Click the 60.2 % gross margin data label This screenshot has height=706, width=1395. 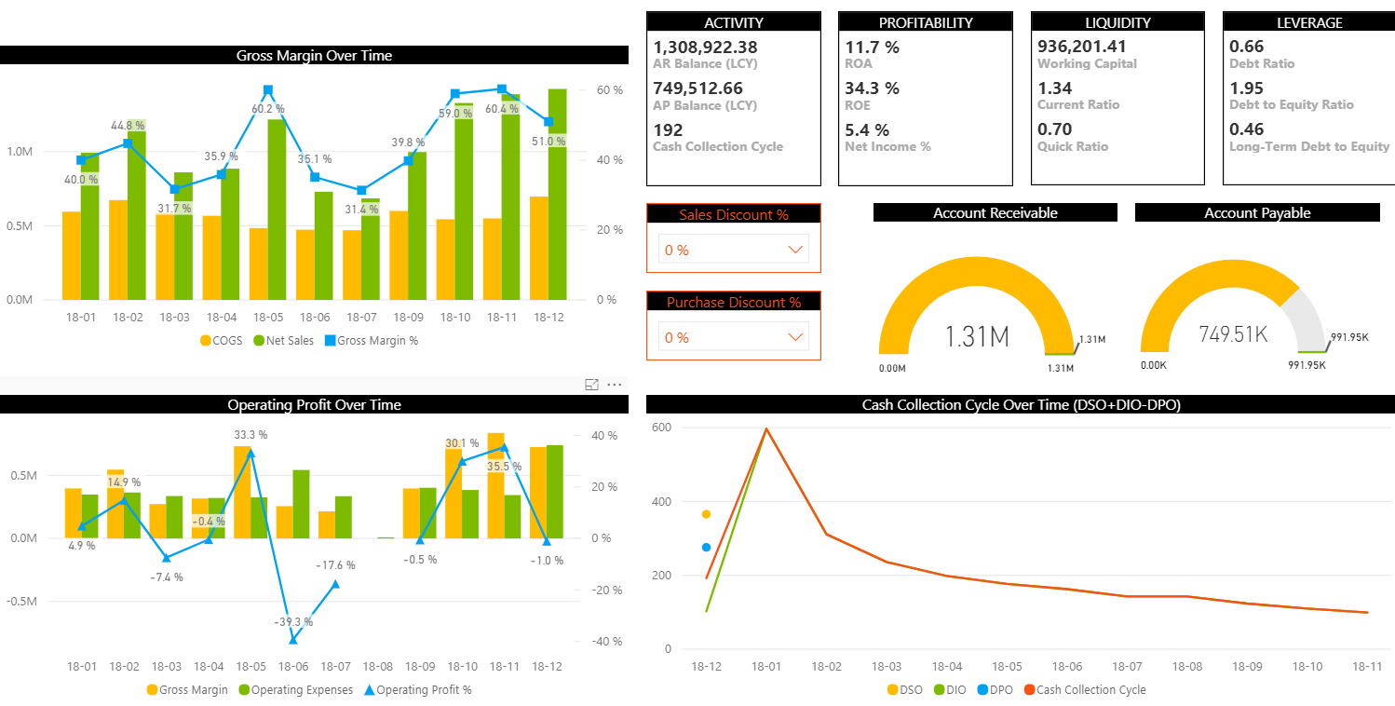click(x=268, y=109)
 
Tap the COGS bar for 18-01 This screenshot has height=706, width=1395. click(x=72, y=255)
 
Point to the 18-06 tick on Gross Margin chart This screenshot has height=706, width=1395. click(x=315, y=318)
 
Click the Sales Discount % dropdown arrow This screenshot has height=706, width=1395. click(x=795, y=250)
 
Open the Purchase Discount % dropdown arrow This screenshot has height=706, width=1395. click(x=795, y=337)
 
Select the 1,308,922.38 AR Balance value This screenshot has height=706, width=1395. click(x=705, y=48)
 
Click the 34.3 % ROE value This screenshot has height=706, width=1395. click(x=873, y=88)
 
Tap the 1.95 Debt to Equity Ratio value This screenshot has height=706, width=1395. click(x=1247, y=88)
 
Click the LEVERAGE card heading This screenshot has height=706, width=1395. click(x=1309, y=22)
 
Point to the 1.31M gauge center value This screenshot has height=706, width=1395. click(x=978, y=336)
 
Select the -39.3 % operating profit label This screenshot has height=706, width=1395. click(x=293, y=622)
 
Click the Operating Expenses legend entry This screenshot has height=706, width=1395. click(x=296, y=690)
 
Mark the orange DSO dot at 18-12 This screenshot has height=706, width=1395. click(x=706, y=514)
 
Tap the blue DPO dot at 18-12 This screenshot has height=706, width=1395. click(x=706, y=548)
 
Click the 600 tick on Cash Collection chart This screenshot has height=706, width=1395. click(x=661, y=428)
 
